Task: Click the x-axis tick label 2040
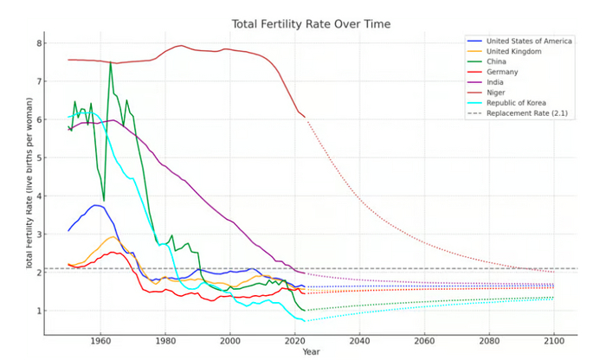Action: [359, 340]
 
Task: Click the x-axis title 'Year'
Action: [310, 352]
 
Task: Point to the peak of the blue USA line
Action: [96, 205]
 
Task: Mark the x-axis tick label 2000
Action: [230, 340]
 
